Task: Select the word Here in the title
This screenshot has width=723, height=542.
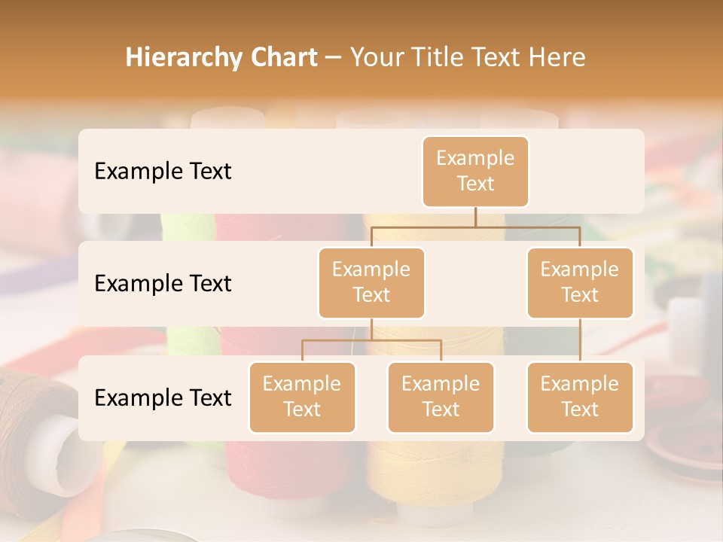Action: coord(557,58)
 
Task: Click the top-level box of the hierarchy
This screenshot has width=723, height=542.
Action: coord(475,171)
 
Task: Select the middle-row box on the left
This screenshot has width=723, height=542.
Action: coord(371,282)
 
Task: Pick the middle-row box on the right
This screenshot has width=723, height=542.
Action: coord(580,282)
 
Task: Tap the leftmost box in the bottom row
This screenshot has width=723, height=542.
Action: coord(302,397)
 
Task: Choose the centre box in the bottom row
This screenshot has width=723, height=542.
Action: coord(441,397)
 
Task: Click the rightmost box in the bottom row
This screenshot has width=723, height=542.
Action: coord(580,397)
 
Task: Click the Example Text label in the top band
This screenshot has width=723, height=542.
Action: coord(163,172)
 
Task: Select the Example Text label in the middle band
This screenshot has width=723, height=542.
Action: coord(163,284)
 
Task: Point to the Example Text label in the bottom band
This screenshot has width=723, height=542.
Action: coord(163,398)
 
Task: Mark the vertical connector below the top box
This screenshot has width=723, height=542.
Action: coord(475,217)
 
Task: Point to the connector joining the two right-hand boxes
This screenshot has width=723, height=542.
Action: coord(580,340)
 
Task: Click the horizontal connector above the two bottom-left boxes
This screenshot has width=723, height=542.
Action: coord(371,340)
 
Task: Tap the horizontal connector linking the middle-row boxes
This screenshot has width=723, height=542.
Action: coord(475,227)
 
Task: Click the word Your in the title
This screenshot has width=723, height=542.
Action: coord(374,58)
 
